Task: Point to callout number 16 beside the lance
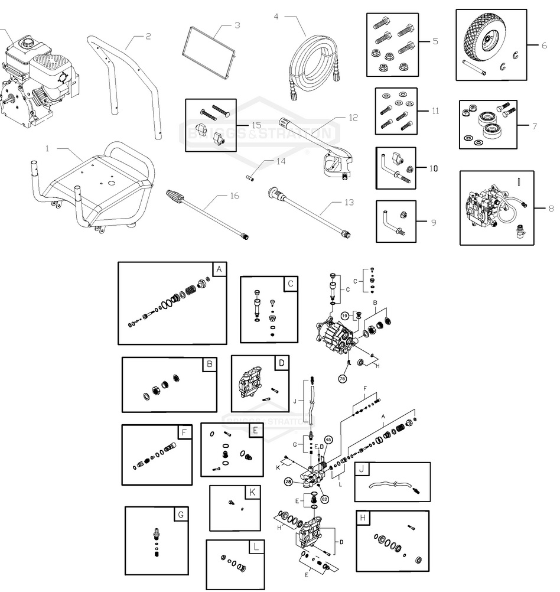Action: coord(235,196)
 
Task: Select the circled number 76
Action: coord(342,378)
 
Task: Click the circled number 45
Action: coord(328,440)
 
